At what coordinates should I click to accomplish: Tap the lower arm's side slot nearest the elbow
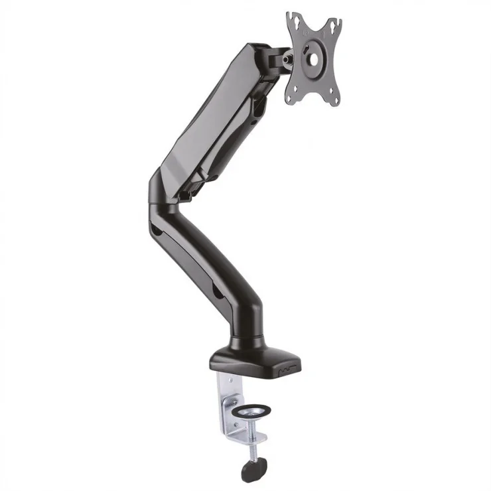[x=157, y=230]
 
